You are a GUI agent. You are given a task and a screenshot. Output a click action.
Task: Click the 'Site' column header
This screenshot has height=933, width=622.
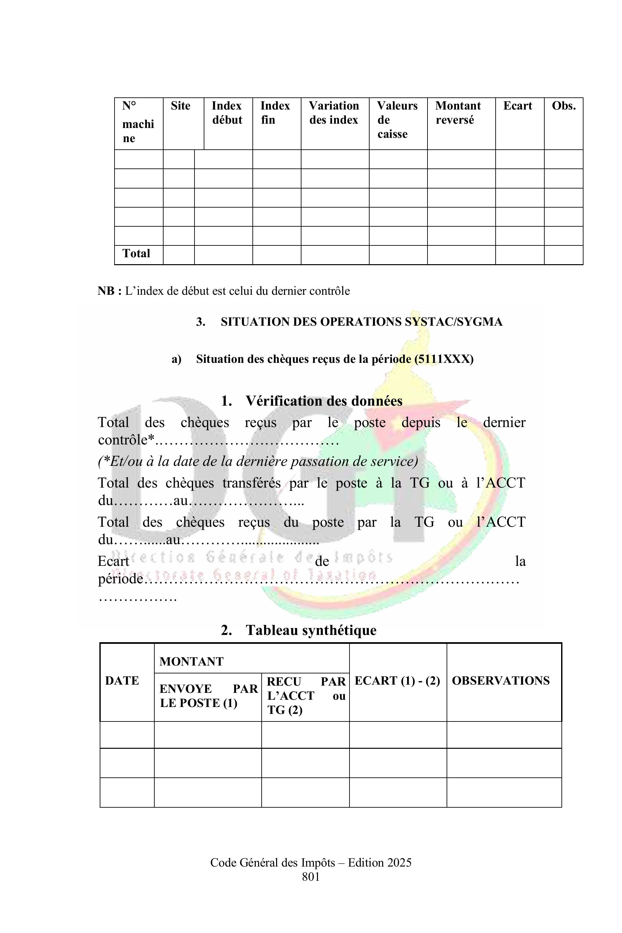pos(180,106)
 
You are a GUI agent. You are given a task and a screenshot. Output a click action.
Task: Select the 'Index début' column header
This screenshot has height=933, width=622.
pos(227,113)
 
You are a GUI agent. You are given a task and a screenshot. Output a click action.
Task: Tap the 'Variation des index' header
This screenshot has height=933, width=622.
pos(334,113)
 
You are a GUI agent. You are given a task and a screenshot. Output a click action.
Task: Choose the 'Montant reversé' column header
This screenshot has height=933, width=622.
pos(458,113)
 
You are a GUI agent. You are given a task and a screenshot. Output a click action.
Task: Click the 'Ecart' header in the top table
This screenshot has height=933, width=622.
pos(517,106)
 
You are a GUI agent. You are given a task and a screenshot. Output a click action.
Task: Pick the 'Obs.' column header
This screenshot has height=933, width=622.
pos(563,106)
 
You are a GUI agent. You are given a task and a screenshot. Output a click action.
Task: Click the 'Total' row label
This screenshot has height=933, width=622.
pos(136,253)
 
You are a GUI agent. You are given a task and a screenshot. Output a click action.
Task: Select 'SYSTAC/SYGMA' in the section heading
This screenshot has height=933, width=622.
pos(454,322)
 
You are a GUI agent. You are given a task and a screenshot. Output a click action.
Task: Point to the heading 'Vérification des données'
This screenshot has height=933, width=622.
pos(324,401)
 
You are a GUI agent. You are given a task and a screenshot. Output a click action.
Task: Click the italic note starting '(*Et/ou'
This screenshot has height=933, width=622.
pos(258,461)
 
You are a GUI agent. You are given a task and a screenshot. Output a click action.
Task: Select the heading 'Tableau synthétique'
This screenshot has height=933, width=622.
pos(311,630)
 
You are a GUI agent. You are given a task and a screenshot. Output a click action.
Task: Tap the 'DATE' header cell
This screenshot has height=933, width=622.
pos(122,680)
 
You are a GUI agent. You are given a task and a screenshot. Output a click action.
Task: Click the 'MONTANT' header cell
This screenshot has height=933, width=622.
pos(192,661)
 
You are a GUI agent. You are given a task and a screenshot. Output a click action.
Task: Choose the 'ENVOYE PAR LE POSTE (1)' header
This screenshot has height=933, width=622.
pos(208,695)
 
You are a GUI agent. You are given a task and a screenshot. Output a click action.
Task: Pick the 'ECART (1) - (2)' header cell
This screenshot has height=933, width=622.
pos(397,680)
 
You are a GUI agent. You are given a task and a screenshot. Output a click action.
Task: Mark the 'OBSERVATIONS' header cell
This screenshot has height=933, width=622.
pos(501,680)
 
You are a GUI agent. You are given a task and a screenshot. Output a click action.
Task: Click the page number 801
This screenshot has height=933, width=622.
pos(311,876)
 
